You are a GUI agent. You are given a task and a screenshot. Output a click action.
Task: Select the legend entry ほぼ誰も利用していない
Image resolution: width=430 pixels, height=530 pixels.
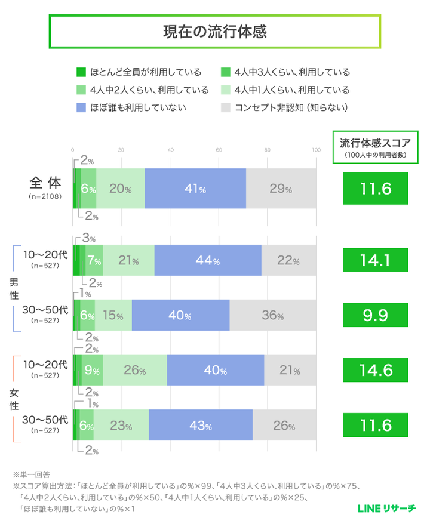132,108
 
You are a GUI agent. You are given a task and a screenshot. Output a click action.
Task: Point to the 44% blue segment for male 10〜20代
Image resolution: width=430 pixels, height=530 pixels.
208,261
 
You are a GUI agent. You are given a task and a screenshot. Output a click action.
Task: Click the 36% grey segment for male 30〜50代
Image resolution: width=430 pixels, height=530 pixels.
272,315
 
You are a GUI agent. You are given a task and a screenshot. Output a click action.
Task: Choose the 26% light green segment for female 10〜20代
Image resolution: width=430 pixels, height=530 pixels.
135,370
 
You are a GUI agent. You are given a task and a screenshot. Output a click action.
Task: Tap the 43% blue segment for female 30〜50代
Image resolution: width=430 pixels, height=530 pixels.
201,426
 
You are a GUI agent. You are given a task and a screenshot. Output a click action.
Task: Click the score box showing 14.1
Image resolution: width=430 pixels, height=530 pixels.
375,261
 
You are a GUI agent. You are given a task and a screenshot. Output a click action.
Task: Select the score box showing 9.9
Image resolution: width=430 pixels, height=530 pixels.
375,315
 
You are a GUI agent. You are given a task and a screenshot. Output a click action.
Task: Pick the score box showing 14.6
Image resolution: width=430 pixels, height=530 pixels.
375,370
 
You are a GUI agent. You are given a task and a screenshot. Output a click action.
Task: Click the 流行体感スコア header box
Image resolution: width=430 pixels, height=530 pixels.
375,147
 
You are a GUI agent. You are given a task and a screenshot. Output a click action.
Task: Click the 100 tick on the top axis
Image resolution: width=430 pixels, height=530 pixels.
315,149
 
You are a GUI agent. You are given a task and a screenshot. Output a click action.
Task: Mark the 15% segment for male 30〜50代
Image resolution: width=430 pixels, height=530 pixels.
113,315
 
